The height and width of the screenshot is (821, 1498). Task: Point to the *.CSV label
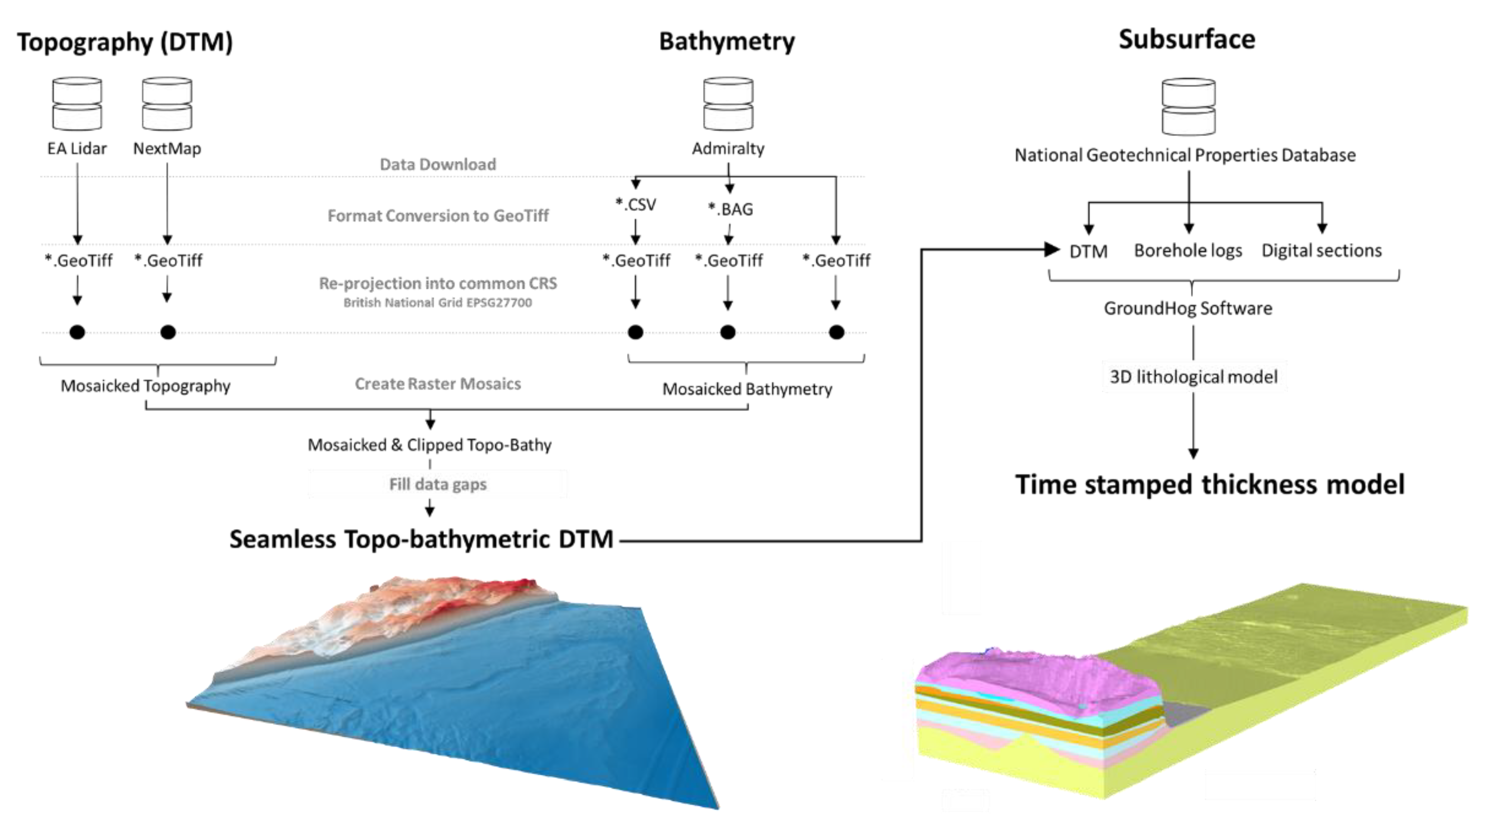tap(636, 205)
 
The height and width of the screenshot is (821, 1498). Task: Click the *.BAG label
tap(731, 209)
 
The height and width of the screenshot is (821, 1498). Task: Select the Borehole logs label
tap(1188, 251)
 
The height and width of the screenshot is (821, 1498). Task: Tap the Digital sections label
tap(1321, 251)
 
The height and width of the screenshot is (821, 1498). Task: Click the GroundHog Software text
tap(1188, 308)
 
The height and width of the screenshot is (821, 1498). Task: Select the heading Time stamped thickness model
tap(1210, 485)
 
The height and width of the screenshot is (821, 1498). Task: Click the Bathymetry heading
tap(726, 42)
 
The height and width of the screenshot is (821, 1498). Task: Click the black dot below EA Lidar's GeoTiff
tap(77, 332)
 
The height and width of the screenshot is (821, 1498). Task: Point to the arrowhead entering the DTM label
tap(1052, 250)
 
